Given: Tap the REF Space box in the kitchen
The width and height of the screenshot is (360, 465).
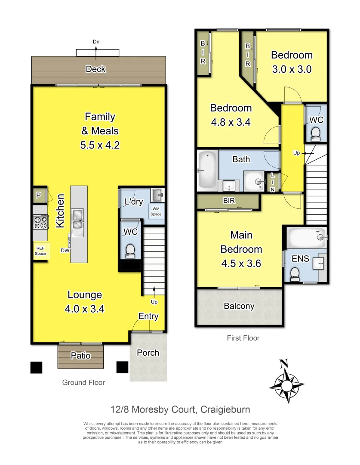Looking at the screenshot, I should click(40, 251).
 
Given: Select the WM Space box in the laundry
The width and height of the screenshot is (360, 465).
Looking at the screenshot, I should click(156, 211).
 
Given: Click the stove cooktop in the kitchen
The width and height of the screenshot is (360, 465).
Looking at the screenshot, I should click(40, 222).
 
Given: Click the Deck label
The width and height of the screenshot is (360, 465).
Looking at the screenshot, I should click(95, 69).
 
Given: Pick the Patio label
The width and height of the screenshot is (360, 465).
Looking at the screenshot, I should click(81, 356).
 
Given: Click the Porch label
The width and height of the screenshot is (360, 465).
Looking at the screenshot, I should click(148, 353).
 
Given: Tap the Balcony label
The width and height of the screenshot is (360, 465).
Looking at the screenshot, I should click(239, 306).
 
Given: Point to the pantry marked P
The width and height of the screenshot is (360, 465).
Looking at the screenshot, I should click(39, 196).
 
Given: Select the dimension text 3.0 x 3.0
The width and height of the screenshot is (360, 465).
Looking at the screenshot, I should click(292, 69).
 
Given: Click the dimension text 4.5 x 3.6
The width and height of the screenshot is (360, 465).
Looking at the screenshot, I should click(241, 263).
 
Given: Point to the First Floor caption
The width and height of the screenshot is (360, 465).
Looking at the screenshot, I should click(243, 338).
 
